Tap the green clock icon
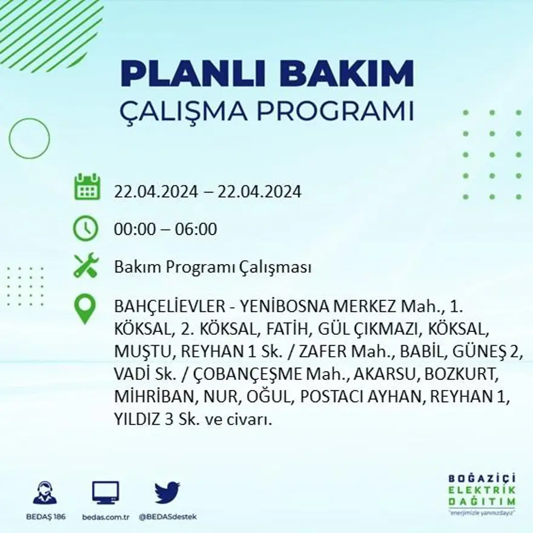(x=85, y=229)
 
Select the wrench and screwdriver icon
(x=85, y=265)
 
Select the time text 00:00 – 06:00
(x=165, y=230)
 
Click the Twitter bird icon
(x=167, y=492)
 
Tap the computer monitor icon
(x=105, y=492)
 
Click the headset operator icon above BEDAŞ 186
(x=45, y=492)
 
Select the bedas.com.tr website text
(x=105, y=517)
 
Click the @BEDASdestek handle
(x=167, y=517)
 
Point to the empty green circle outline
(x=29, y=138)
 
